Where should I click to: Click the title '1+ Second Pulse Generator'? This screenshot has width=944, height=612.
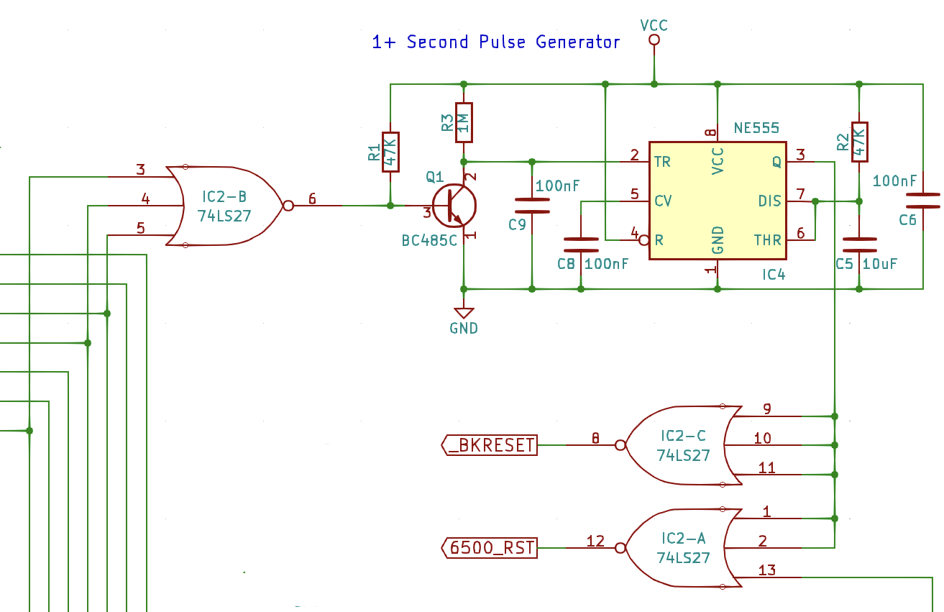(495, 42)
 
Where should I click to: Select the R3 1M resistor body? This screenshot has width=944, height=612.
(464, 123)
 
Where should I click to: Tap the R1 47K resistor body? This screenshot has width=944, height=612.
(390, 152)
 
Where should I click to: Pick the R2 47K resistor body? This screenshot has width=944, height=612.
(860, 142)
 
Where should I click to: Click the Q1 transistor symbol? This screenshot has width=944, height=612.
(454, 206)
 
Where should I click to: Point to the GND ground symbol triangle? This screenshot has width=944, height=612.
(464, 313)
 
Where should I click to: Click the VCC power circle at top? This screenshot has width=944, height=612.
(654, 40)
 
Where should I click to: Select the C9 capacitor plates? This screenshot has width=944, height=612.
(532, 206)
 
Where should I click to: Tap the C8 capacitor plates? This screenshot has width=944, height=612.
(581, 245)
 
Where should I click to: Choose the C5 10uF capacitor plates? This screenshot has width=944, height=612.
(860, 245)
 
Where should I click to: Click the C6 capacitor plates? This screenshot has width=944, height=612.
(923, 201)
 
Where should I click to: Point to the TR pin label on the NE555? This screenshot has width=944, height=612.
(662, 162)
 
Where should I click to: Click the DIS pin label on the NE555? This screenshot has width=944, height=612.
(769, 201)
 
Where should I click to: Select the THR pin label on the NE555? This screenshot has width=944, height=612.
(767, 240)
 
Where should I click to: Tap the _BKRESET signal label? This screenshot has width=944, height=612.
(490, 445)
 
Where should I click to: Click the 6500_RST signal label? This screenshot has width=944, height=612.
(490, 548)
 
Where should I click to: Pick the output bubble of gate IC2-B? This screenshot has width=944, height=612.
(288, 206)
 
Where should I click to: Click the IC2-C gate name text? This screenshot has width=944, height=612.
(683, 436)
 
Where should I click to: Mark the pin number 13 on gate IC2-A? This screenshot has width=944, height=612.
(766, 570)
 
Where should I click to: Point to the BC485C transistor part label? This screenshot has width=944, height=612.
(429, 241)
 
